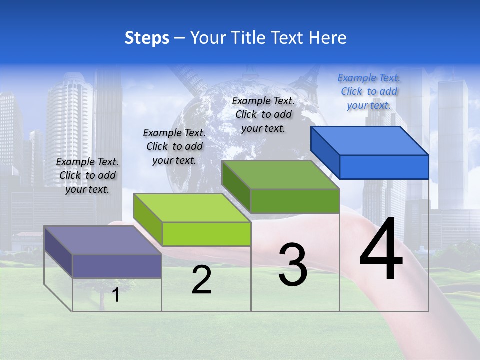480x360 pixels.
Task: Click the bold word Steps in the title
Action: pos(147,38)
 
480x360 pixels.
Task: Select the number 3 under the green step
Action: pos(293,265)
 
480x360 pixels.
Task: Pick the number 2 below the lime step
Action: pos(201,280)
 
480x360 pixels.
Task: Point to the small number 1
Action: pos(116,295)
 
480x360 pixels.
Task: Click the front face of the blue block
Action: pos(384,167)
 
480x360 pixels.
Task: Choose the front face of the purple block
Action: pos(117,266)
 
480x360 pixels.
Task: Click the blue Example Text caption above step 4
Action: pos(369,91)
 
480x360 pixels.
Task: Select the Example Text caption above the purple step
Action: pos(87,175)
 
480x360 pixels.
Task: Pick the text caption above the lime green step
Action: pos(174,146)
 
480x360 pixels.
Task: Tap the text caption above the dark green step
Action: pos(263,114)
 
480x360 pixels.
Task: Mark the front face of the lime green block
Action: pos(206,234)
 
